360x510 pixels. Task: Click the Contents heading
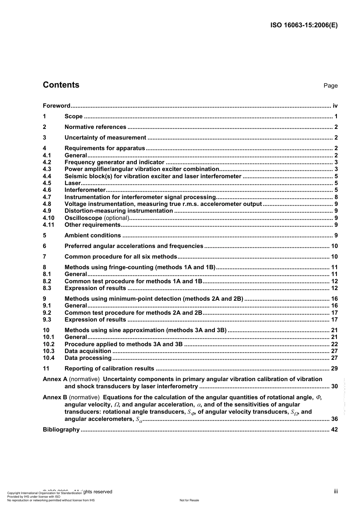61,85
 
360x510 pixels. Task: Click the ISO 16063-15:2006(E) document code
304,25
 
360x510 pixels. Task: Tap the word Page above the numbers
330,86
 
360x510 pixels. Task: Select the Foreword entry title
56,106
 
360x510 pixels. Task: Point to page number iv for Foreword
335,106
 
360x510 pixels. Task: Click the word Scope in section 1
74,116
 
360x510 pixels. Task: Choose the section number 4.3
47,169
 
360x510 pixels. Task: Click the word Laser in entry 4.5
72,183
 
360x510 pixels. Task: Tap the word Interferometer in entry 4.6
85,190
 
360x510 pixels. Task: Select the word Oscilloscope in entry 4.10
83,218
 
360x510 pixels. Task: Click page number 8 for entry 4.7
336,197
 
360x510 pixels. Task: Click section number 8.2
47,281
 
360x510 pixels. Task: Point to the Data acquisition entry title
88,351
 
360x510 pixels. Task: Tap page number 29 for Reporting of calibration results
334,369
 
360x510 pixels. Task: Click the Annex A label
55,379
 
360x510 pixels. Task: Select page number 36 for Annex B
334,419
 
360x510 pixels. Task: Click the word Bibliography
61,430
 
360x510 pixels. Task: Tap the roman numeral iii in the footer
336,491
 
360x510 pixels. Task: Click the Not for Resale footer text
189,500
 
